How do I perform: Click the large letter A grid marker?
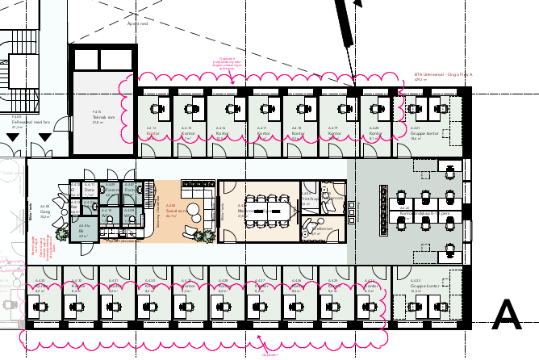point(507,315)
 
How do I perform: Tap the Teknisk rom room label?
point(103,118)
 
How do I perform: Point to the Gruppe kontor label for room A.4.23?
point(426,287)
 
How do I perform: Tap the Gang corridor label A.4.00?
point(45,213)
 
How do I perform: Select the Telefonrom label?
point(321,229)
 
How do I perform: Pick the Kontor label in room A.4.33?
point(40,286)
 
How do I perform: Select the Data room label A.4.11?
point(89,189)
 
